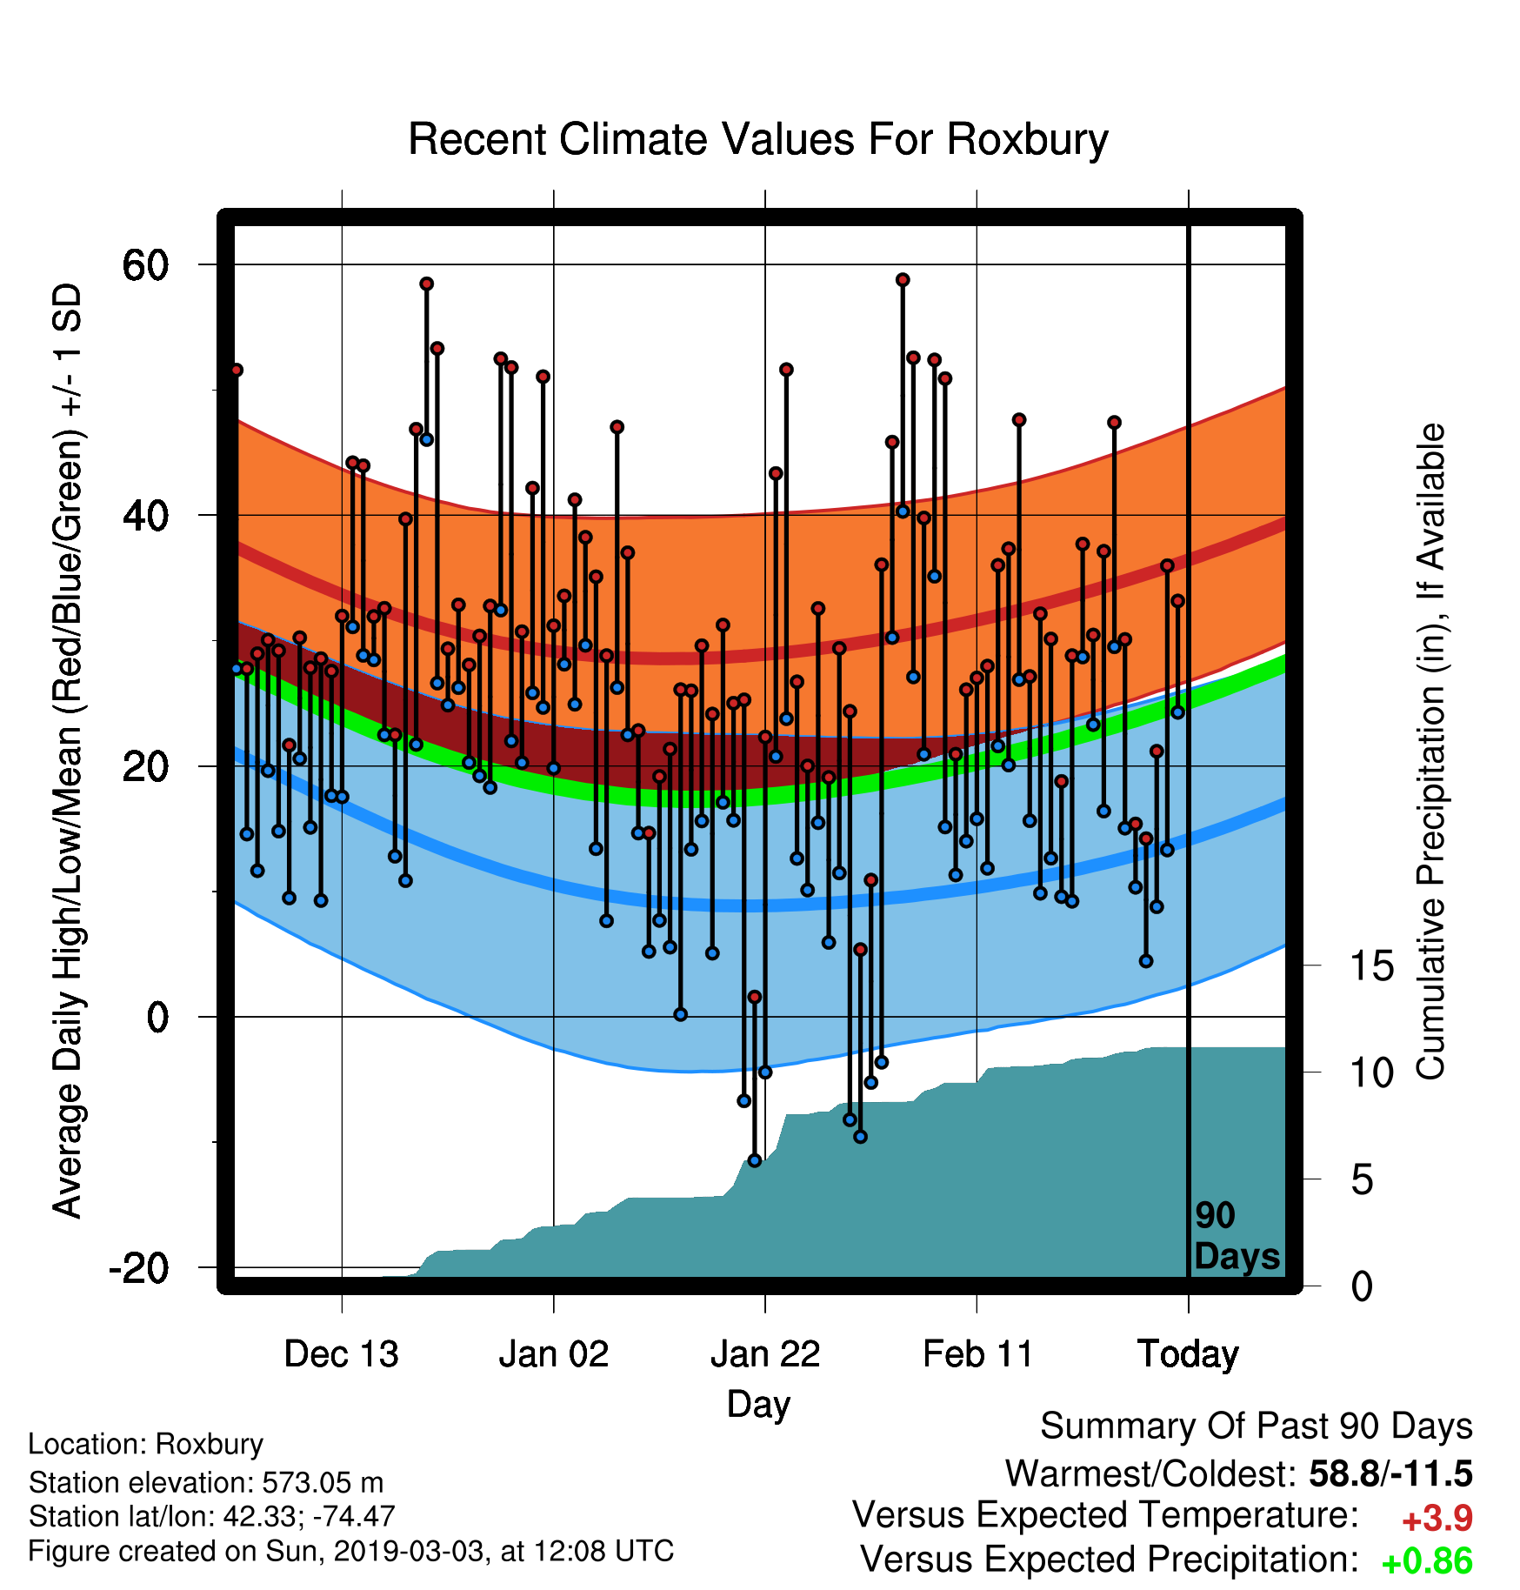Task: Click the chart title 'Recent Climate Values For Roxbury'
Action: coord(758,139)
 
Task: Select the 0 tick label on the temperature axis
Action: coord(157,1017)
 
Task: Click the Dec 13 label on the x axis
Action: coord(342,1354)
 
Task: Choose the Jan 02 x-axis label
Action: coord(554,1354)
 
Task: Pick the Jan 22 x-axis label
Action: coord(765,1354)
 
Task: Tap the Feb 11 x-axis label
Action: coord(977,1354)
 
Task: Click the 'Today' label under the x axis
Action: coord(1189,1354)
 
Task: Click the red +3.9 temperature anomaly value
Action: coord(1437,1519)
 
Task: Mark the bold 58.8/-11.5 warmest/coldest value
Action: coord(1391,1473)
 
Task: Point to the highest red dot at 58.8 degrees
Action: coord(903,280)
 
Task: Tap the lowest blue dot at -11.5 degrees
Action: coord(755,1160)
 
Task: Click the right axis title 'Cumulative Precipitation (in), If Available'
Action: coord(1430,752)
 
